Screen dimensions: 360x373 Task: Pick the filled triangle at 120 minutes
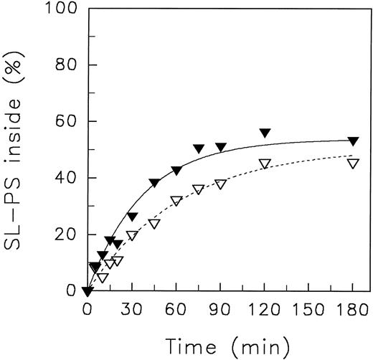[x=265, y=133]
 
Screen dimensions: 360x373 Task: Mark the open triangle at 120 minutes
[x=265, y=164]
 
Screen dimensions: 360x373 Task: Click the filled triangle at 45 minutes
[x=154, y=183]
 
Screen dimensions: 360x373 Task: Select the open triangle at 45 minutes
[x=154, y=223]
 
